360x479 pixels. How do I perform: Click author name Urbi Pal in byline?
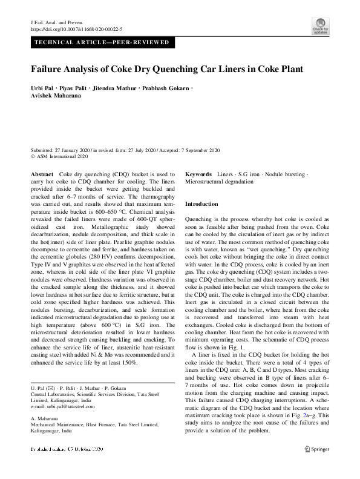44,90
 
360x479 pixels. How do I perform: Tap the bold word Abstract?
42,174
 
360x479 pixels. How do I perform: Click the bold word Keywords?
198,174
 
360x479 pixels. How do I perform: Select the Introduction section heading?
201,204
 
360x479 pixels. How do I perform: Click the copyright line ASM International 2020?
62,156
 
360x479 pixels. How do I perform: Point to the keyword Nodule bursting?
283,174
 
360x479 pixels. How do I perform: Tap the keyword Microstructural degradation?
220,181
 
